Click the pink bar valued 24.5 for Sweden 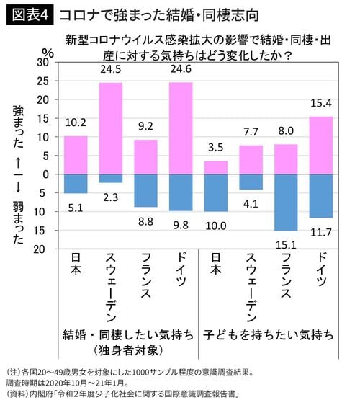111,128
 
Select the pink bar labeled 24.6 181,128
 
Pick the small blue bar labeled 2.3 111,178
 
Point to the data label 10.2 76,123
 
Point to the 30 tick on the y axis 42,63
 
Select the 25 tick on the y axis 42,81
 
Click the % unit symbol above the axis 48,52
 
